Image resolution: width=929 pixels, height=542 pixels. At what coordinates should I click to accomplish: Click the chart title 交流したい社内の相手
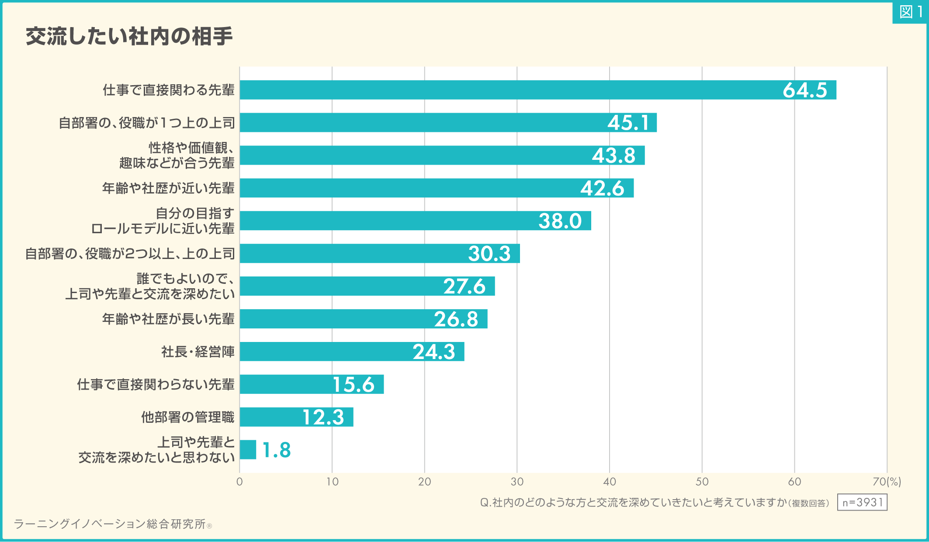click(x=129, y=36)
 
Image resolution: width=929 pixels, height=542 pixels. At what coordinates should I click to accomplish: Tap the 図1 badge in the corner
click(x=910, y=12)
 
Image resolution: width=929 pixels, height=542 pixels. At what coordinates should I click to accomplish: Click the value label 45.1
click(x=628, y=123)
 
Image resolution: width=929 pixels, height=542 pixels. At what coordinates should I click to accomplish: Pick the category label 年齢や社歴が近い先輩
click(x=168, y=188)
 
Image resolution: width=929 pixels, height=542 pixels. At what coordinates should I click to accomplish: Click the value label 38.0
click(x=560, y=221)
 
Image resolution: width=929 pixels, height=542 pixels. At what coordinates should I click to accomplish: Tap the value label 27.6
click(x=464, y=287)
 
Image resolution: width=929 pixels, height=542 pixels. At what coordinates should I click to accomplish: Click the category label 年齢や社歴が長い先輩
click(x=168, y=319)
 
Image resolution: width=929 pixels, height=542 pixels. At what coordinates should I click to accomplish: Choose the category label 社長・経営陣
click(x=198, y=352)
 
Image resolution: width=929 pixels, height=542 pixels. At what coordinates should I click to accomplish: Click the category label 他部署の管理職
click(x=188, y=417)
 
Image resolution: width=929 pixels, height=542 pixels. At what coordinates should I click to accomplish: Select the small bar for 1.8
click(x=248, y=450)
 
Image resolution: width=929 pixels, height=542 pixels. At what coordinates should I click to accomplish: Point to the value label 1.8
click(x=276, y=450)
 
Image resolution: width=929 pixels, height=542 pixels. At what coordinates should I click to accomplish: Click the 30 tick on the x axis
click(x=517, y=482)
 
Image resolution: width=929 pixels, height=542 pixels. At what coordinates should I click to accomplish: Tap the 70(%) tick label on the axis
click(x=887, y=482)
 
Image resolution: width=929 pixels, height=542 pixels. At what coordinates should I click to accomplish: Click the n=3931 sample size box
click(x=862, y=502)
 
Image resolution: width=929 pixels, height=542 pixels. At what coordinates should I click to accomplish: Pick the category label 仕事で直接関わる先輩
click(x=169, y=90)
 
